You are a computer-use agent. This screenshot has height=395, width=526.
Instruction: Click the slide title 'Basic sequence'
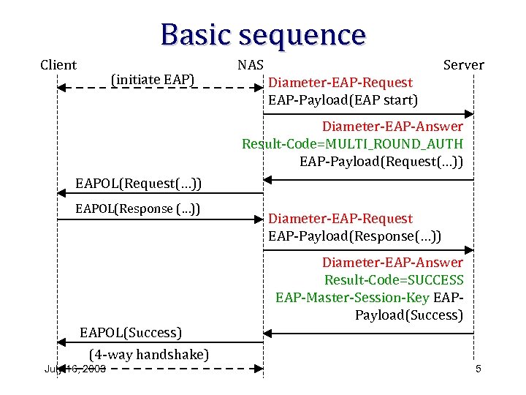click(x=263, y=34)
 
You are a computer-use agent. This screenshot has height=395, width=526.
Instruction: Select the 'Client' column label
click(x=58, y=65)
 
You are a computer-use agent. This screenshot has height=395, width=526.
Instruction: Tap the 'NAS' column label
click(x=251, y=65)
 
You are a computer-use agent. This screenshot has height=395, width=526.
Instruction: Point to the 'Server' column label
click(x=464, y=65)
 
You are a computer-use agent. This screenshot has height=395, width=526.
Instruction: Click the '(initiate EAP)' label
click(x=153, y=78)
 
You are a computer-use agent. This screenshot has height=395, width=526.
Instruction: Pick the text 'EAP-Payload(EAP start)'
click(x=343, y=100)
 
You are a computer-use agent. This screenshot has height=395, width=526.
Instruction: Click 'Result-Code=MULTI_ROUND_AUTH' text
click(x=352, y=143)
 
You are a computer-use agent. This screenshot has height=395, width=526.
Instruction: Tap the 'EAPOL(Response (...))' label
click(x=138, y=209)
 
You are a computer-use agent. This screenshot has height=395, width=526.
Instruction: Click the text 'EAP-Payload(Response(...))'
click(x=354, y=236)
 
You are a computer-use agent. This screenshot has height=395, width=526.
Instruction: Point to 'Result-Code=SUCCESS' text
click(x=394, y=280)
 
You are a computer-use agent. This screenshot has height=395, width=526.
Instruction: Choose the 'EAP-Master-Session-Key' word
click(x=353, y=298)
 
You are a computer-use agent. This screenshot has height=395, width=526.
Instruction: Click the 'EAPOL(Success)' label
click(x=130, y=333)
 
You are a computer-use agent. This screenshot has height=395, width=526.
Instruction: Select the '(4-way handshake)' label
click(x=149, y=355)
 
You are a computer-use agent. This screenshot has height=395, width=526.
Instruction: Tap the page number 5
click(x=478, y=369)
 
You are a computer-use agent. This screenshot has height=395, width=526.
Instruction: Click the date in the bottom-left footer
click(x=75, y=369)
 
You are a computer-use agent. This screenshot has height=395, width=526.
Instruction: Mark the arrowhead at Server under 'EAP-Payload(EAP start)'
click(x=470, y=114)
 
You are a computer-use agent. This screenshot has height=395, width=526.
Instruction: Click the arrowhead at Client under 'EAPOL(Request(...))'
click(x=61, y=193)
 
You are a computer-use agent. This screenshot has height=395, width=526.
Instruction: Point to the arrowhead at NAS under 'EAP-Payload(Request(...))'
click(x=268, y=179)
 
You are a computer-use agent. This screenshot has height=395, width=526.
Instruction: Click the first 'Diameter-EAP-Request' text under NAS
click(x=340, y=83)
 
